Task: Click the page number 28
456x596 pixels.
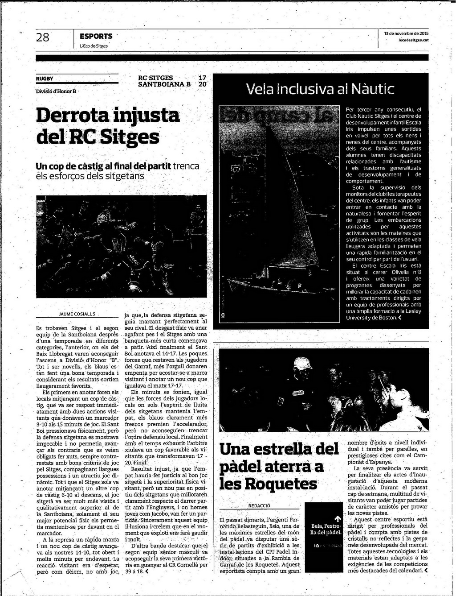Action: pyautogui.click(x=43, y=37)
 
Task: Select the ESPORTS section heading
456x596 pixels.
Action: pyautogui.click(x=96, y=36)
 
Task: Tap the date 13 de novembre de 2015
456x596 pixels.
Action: pyautogui.click(x=406, y=33)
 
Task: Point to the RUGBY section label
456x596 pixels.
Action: pyautogui.click(x=45, y=79)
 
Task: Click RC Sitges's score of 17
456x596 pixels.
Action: pyautogui.click(x=202, y=78)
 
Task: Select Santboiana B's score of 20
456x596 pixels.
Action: pyautogui.click(x=202, y=84)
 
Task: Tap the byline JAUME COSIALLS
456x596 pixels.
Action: pyautogui.click(x=77, y=314)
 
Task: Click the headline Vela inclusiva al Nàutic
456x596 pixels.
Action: pyautogui.click(x=320, y=89)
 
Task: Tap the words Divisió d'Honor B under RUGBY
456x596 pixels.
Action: pyautogui.click(x=56, y=91)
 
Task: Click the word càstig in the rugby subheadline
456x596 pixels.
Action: pyautogui.click(x=89, y=166)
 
